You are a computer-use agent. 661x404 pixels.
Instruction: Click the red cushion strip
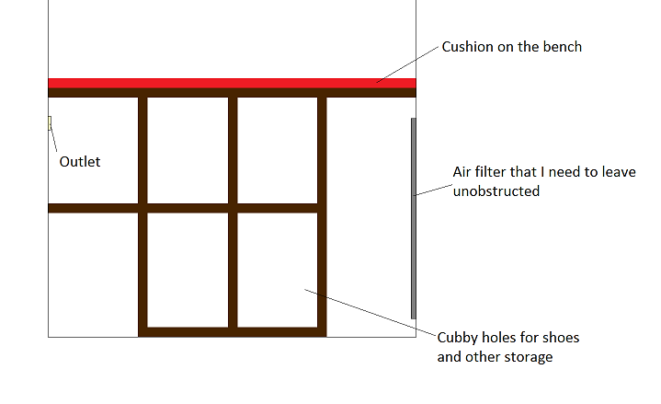point(230,83)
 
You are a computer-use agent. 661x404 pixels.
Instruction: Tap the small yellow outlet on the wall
point(50,122)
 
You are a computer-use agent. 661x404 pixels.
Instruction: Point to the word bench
point(563,47)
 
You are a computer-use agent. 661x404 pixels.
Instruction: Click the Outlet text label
point(80,162)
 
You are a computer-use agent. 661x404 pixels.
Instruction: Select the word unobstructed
point(496,191)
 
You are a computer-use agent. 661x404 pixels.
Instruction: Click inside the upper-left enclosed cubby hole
point(188,149)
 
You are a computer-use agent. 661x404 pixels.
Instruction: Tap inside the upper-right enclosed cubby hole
point(278,149)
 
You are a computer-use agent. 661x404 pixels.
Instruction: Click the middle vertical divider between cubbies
point(233,212)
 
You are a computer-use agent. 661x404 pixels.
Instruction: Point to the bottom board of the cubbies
point(233,331)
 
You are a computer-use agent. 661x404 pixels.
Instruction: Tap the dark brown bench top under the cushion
point(230,92)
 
